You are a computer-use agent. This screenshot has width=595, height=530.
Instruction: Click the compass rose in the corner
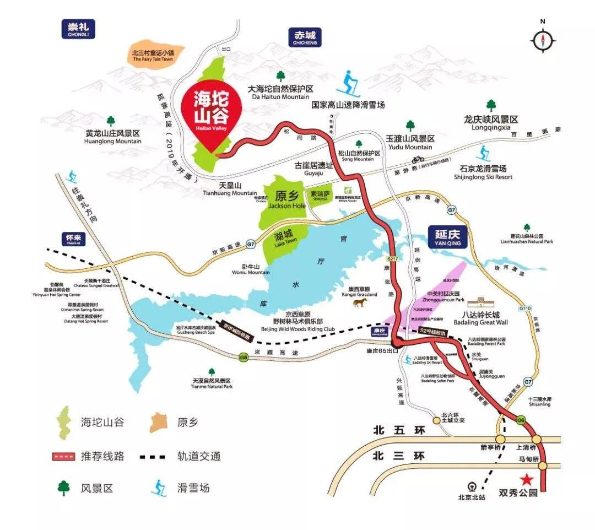[x=543, y=40]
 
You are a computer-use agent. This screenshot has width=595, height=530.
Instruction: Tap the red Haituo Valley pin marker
[x=210, y=113]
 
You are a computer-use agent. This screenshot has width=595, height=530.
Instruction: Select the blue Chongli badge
[x=78, y=29]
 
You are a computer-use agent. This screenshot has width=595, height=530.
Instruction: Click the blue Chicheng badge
[x=305, y=37]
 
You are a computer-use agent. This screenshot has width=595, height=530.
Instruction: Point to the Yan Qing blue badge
[x=447, y=238]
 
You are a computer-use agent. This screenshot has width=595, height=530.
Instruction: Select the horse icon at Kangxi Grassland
[x=362, y=302]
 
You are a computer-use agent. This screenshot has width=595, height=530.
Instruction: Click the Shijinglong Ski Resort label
[x=483, y=172]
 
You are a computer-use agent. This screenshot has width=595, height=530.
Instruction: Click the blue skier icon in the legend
[x=160, y=487]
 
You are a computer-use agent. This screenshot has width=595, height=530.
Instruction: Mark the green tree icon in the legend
[x=64, y=487]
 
